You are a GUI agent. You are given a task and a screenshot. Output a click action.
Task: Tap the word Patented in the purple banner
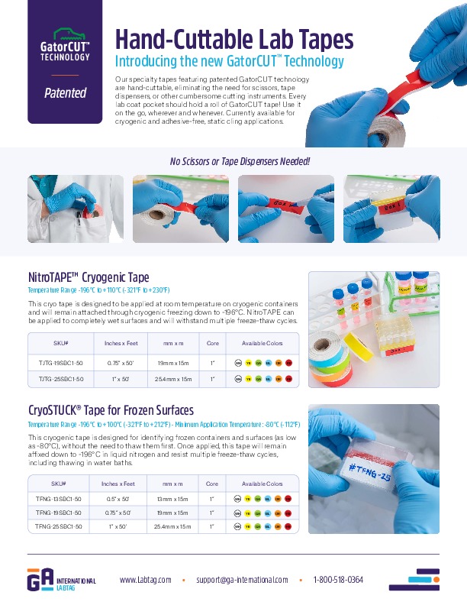click(x=65, y=93)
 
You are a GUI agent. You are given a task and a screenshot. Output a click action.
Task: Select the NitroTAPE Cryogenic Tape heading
click(x=89, y=277)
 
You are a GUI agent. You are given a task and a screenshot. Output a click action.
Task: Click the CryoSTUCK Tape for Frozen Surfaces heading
click(x=111, y=410)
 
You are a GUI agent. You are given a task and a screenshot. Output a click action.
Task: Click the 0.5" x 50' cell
click(x=118, y=498)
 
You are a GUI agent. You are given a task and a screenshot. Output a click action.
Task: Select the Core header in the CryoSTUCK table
click(x=212, y=484)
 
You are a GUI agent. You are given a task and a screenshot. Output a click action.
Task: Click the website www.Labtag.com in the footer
click(x=146, y=580)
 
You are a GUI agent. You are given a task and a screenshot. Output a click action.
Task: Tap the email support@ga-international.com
click(x=242, y=580)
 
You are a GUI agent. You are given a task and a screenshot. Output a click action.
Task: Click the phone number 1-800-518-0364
click(x=338, y=580)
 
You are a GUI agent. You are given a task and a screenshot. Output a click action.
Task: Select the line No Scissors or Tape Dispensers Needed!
click(x=240, y=161)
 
